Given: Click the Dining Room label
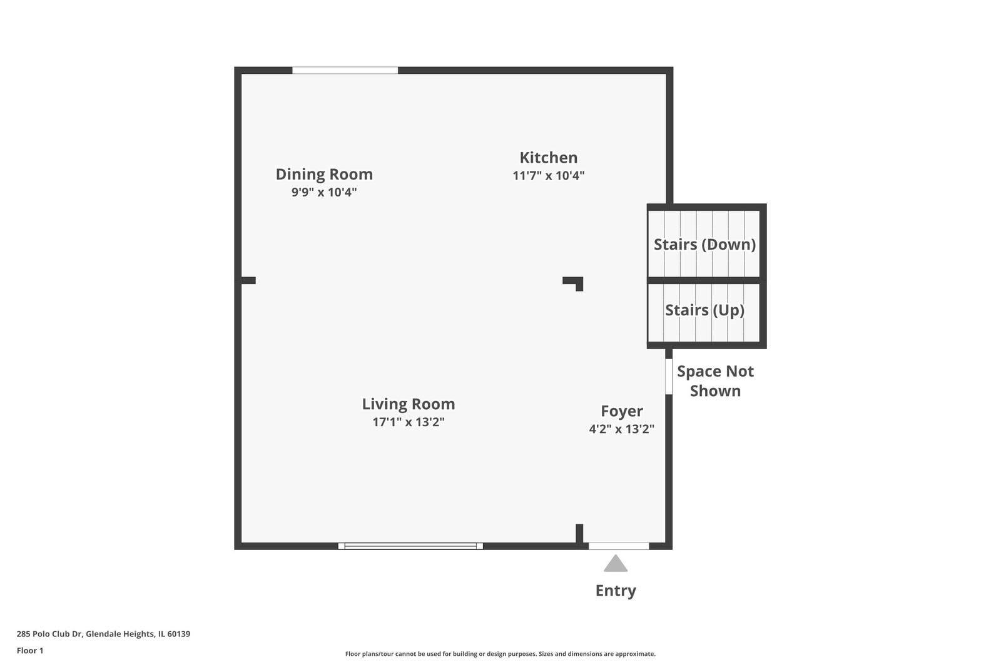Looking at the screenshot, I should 324,174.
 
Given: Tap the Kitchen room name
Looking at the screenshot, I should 548,158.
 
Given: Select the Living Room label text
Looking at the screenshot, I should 408,404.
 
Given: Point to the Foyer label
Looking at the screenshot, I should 621,411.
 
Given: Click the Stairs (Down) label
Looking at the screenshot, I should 704,245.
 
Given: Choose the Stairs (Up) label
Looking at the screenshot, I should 704,310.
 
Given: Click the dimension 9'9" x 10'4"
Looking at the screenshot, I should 324,192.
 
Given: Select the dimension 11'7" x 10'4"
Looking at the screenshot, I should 548,176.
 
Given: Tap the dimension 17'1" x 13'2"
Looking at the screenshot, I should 408,422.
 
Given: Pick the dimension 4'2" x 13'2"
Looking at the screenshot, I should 621,429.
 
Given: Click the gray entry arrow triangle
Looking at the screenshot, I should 616,564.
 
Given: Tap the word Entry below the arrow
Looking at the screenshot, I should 616,591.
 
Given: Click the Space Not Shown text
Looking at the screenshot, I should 715,381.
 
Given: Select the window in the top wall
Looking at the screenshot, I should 345,70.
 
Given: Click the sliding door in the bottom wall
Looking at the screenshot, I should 410,546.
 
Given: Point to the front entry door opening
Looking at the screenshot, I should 619,546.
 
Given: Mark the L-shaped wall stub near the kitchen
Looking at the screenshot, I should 574,282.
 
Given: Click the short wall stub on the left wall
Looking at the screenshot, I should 248,280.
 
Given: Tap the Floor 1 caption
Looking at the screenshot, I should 30,651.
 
